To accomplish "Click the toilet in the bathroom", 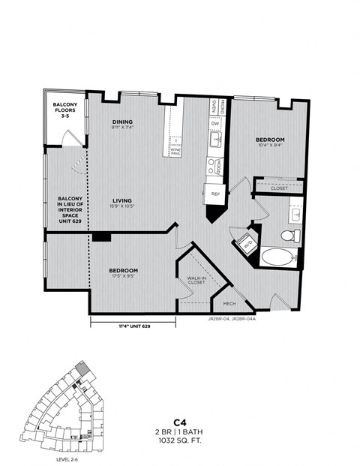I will click(287, 236).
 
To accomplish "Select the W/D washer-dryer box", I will click(246, 243).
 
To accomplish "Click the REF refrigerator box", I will click(214, 194).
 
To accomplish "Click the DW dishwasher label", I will click(215, 125).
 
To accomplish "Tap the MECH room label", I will click(229, 304).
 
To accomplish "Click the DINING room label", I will click(123, 122).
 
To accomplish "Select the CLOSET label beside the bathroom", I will click(279, 188).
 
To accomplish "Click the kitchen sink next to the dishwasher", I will click(215, 140).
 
